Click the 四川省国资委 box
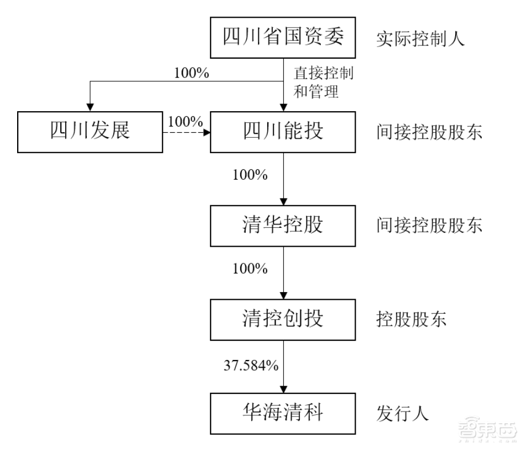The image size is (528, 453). [x=283, y=38]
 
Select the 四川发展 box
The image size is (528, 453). [x=91, y=132]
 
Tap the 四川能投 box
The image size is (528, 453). [x=283, y=132]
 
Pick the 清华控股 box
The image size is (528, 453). [x=283, y=226]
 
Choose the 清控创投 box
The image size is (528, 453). [x=283, y=320]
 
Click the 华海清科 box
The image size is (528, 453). [x=283, y=413]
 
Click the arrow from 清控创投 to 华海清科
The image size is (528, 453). [x=283, y=365]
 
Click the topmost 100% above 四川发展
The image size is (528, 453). [x=192, y=72]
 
